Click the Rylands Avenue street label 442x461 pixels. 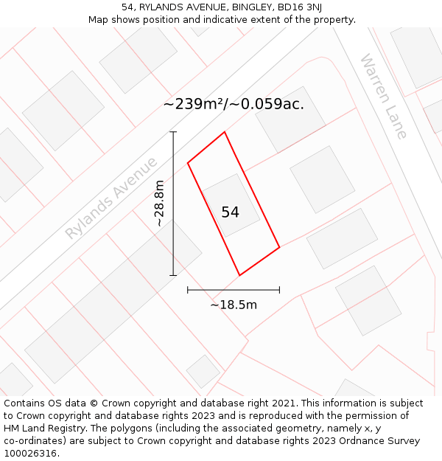click(111, 198)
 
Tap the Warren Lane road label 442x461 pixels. click(383, 96)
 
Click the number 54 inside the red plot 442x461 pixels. click(230, 212)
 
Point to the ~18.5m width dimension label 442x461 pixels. click(234, 305)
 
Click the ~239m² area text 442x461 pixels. click(193, 104)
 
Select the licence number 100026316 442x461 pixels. click(30, 454)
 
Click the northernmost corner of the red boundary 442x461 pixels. click(225, 132)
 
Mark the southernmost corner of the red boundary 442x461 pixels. click(239, 276)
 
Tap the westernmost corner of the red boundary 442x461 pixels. click(188, 162)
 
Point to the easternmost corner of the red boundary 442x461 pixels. click(280, 247)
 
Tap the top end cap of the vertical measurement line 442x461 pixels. click(174, 132)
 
